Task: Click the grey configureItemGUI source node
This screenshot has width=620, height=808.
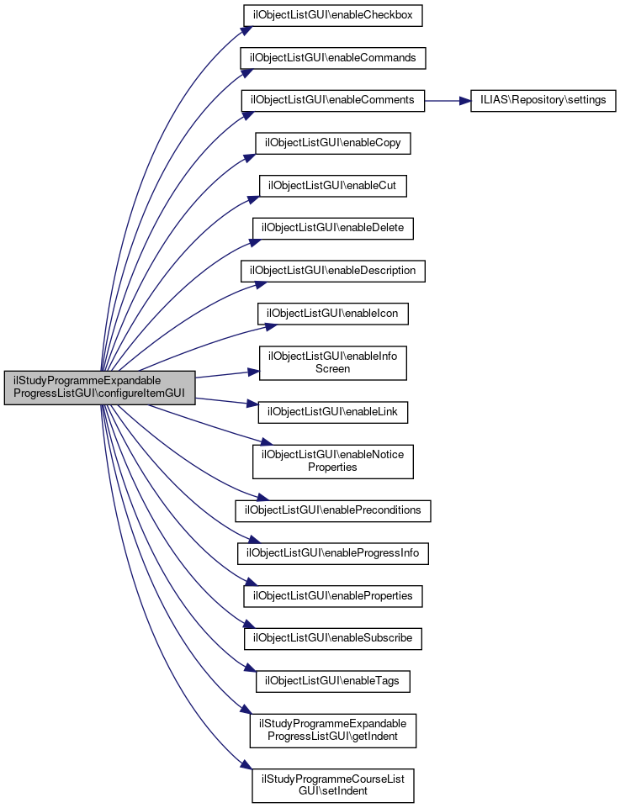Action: [x=100, y=388]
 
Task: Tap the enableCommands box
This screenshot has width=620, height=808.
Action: [x=333, y=57]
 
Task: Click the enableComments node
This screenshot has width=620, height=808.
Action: [x=333, y=100]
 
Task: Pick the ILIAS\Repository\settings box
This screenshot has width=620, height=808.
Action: [x=543, y=100]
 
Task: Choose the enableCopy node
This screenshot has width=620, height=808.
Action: [x=333, y=143]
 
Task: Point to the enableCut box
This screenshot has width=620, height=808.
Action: [x=333, y=186]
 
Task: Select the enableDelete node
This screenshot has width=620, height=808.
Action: [x=333, y=228]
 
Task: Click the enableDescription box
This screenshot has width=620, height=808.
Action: [x=333, y=271]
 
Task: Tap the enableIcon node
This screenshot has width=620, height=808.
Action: [x=333, y=314]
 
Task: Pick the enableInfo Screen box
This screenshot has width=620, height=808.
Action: [x=333, y=362]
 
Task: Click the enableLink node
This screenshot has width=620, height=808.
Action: [x=333, y=412]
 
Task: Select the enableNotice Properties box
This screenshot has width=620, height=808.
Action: [x=333, y=461]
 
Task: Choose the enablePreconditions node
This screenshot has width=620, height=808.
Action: [x=333, y=510]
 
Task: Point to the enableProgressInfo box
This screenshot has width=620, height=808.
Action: [x=333, y=552]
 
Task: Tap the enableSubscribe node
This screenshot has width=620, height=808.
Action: [x=333, y=638]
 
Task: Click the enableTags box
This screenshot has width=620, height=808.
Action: [x=333, y=680]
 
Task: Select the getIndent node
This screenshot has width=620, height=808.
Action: [x=333, y=730]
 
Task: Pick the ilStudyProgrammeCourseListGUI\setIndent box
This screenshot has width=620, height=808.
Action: [x=333, y=784]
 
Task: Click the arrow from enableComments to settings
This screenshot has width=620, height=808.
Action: [x=447, y=100]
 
